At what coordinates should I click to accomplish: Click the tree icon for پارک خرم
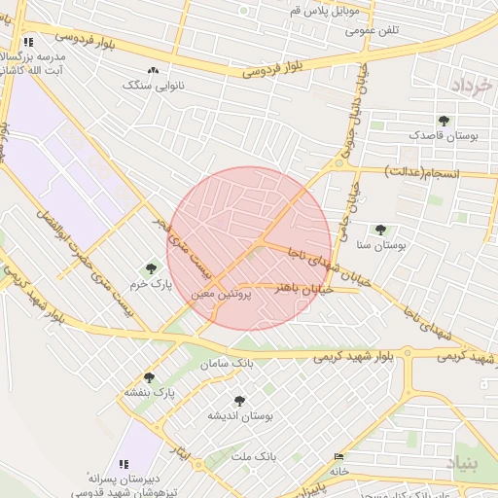pos(151,267)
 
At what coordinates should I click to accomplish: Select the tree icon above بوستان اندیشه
pos(239,400)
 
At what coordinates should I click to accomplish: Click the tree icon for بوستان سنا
pos(379,231)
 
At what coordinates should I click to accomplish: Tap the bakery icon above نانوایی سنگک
pos(152,70)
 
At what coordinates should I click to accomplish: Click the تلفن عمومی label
pos(375,31)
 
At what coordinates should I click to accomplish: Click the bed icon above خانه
pos(338,456)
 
